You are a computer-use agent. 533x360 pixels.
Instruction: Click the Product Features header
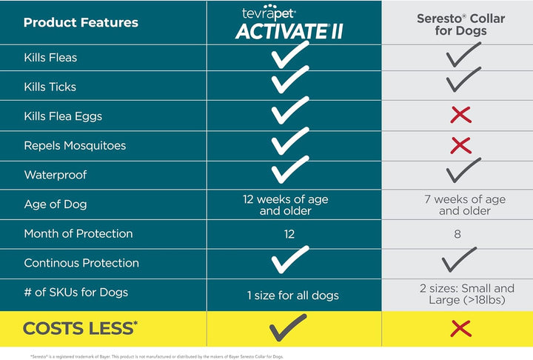click(81, 22)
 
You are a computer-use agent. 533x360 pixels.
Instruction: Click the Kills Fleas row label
click(50, 58)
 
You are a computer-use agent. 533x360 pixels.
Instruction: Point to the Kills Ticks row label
click(50, 87)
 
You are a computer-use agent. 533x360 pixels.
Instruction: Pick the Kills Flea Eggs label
click(63, 116)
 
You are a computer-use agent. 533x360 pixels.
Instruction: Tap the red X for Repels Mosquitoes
click(460, 145)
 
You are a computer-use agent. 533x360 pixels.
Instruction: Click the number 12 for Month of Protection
click(289, 234)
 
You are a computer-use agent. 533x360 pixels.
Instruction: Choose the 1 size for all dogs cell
click(292, 296)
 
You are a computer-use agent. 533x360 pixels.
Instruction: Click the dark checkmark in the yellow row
click(289, 327)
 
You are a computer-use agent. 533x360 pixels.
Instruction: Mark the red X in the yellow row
click(460, 328)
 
